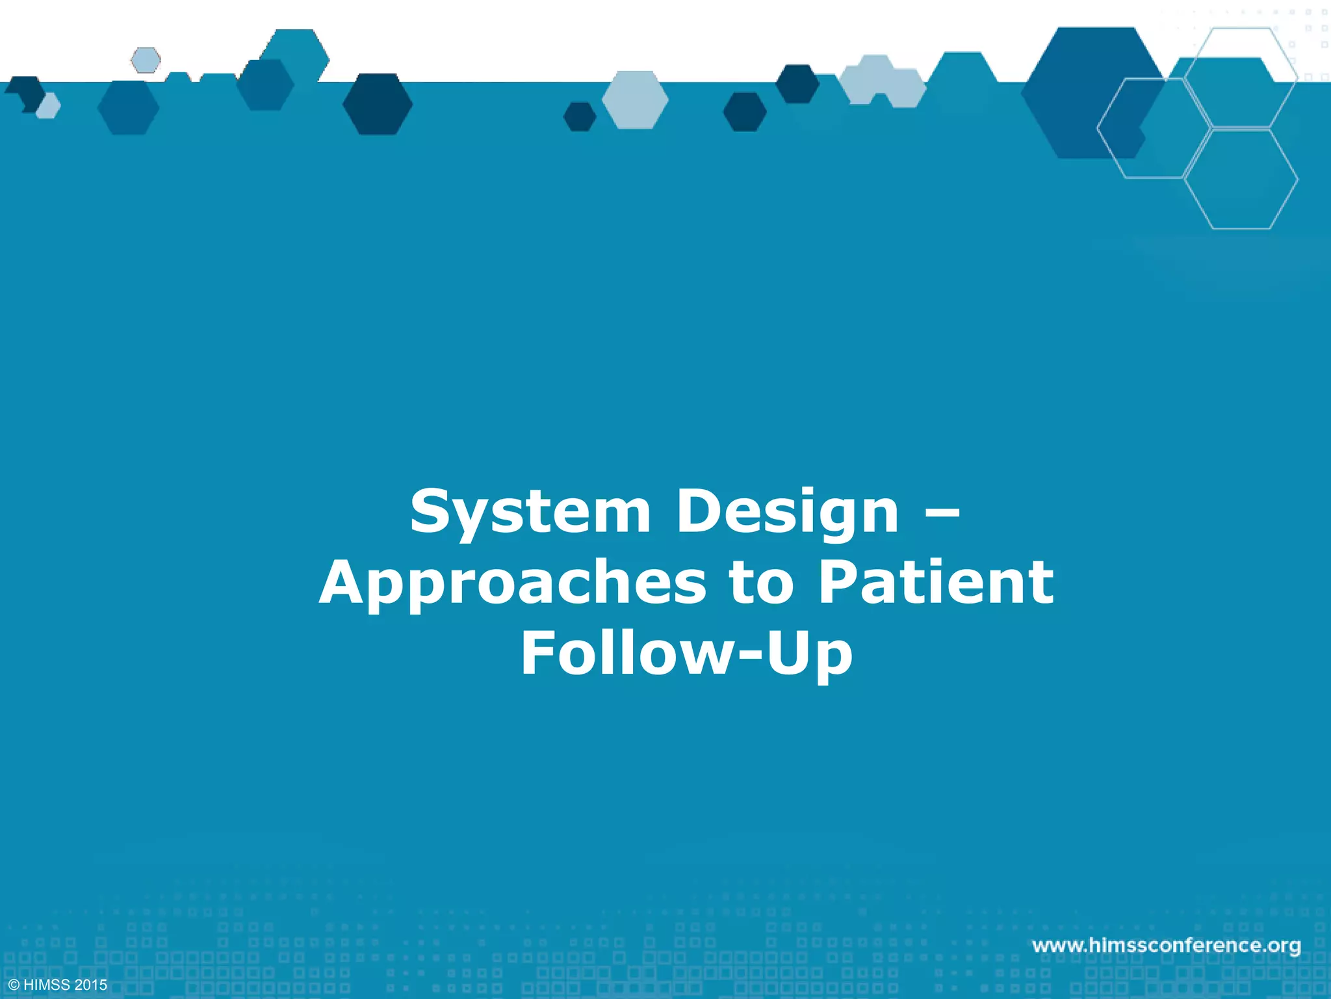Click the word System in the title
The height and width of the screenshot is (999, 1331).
tap(530, 513)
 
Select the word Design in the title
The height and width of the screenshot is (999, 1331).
tap(788, 513)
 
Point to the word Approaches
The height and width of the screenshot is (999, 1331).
tap(512, 583)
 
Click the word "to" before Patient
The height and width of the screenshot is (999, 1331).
tap(762, 583)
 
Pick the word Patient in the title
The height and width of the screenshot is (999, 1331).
tap(936, 583)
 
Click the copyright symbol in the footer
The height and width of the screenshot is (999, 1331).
tap(14, 985)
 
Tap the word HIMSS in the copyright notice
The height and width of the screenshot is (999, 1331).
tap(47, 985)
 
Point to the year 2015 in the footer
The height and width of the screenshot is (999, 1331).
tap(91, 985)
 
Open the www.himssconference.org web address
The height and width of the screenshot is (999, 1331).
tap(1167, 945)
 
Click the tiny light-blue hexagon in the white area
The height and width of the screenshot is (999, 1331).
tap(146, 60)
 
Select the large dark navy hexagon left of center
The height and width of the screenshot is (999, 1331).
tap(378, 104)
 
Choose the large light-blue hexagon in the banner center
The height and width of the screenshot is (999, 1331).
tap(635, 100)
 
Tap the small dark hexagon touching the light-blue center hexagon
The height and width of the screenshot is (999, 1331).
tap(579, 116)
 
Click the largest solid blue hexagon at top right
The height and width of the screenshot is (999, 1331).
tap(1092, 92)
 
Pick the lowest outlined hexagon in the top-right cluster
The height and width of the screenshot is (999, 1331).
tap(1241, 179)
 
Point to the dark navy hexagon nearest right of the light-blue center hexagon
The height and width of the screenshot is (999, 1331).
tap(745, 112)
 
